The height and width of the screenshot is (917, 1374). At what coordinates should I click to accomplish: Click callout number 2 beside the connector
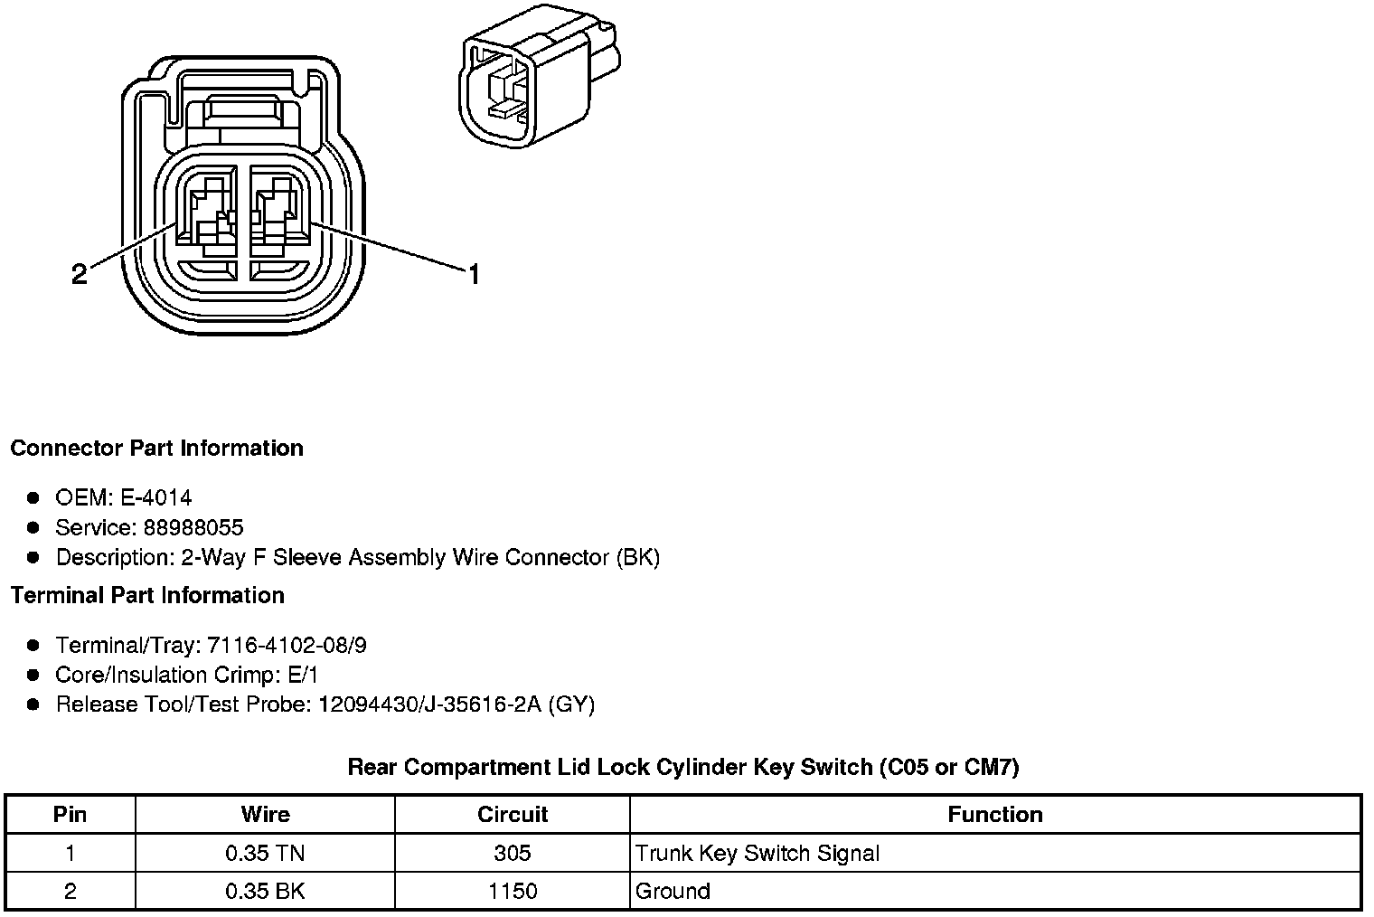click(80, 274)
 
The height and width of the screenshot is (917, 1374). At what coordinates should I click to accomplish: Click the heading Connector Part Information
click(156, 449)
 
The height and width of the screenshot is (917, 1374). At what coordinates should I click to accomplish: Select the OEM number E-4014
click(155, 497)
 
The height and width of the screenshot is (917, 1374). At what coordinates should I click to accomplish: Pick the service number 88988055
click(193, 527)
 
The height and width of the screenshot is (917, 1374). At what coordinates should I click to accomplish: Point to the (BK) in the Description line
click(638, 557)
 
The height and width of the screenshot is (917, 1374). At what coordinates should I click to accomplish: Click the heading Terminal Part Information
click(147, 595)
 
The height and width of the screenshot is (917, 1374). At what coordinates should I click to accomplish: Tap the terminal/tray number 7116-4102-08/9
click(287, 645)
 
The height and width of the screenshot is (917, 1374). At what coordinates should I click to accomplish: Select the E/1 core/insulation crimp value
click(300, 675)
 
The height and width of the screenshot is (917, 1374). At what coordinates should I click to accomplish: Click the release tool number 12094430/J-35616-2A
click(429, 704)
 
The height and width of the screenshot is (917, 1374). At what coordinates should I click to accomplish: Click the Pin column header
click(71, 814)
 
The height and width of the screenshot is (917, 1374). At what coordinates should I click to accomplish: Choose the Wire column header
click(265, 814)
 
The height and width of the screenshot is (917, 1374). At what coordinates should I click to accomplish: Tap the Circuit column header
click(513, 814)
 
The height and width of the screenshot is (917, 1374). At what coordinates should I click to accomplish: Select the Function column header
click(995, 814)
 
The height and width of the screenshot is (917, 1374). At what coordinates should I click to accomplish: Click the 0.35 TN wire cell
click(265, 853)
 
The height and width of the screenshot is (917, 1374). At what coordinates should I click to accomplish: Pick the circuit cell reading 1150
click(513, 891)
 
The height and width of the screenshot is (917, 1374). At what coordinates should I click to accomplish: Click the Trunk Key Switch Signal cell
click(758, 853)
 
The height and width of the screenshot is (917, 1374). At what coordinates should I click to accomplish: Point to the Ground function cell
click(673, 891)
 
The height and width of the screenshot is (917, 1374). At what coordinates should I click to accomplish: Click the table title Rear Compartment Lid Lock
click(683, 768)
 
